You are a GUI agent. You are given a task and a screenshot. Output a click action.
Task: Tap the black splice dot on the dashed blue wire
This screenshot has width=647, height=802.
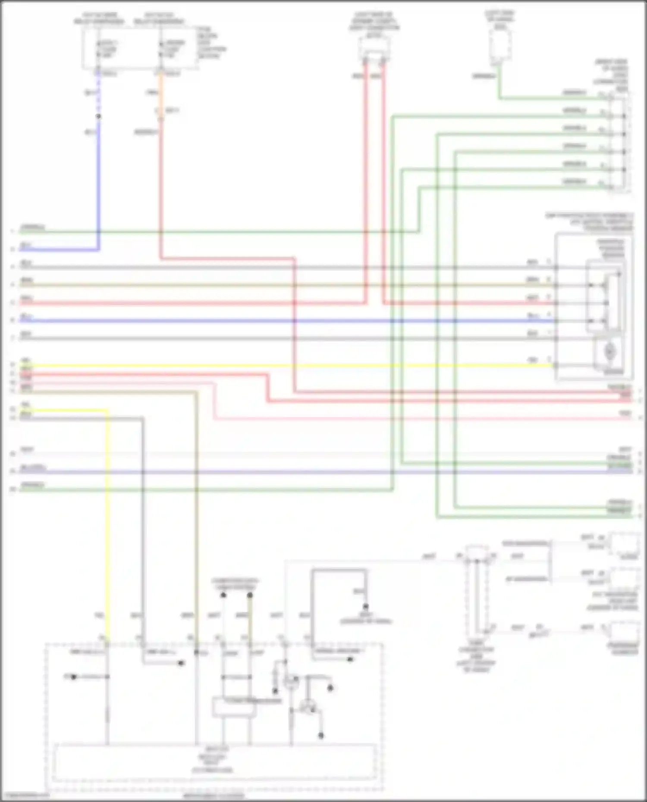point(98,116)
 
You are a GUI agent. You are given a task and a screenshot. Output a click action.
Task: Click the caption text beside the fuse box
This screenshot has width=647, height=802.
point(211,43)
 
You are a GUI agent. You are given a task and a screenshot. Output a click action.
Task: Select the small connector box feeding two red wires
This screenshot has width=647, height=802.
point(374,50)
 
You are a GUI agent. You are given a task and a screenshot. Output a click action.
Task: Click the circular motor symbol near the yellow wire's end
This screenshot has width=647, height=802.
point(609,352)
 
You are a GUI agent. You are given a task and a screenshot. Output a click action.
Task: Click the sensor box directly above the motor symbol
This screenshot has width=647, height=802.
point(604,297)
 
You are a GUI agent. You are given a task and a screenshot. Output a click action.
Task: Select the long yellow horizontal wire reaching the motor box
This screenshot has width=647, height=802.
point(302,366)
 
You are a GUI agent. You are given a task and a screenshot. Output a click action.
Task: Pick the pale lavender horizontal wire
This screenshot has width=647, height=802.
point(302,472)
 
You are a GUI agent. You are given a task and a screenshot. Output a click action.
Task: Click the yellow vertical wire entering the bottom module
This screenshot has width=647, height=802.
point(107,517)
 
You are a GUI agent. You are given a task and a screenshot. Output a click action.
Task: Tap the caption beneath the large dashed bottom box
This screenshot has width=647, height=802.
point(214,796)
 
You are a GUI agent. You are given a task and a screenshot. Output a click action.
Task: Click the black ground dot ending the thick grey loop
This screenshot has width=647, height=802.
point(365,606)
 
